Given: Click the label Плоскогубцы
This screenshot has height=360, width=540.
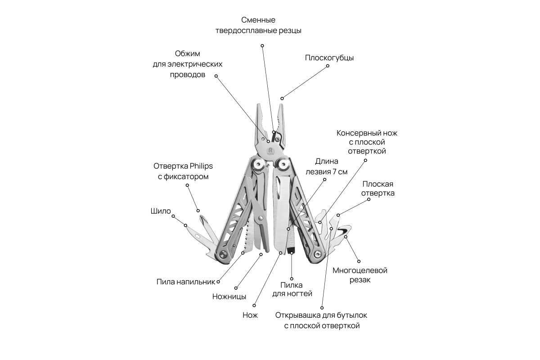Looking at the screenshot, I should [329, 58].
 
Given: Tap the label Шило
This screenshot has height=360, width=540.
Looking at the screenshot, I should [161, 211].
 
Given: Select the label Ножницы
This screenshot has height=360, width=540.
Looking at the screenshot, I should [229, 297].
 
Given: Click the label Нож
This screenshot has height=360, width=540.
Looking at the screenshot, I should [250, 315].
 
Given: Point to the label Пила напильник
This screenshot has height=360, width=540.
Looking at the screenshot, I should [186, 282].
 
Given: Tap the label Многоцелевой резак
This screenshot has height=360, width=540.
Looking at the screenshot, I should [360, 275].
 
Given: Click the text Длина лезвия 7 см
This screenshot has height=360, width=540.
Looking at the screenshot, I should [326, 166].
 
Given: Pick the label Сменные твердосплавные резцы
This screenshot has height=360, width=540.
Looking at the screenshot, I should [265, 26].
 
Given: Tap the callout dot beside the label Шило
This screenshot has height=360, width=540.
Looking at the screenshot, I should [174, 216].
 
